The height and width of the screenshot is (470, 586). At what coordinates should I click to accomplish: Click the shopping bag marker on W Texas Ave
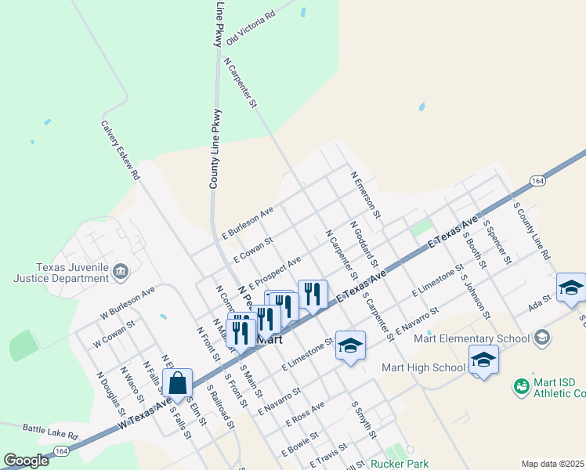pyautogui.click(x=178, y=384)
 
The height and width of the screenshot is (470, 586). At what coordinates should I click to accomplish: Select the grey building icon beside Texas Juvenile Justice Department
pyautogui.click(x=121, y=272)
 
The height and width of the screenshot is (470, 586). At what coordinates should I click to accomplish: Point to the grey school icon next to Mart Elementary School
pyautogui.click(x=541, y=338)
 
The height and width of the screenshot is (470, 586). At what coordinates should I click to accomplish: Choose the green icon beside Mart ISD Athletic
pyautogui.click(x=521, y=386)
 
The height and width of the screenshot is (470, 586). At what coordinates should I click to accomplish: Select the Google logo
pyautogui.click(x=26, y=461)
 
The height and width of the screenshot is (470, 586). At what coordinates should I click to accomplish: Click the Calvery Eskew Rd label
pyautogui.click(x=120, y=150)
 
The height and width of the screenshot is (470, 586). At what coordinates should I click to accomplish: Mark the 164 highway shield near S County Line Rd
pyautogui.click(x=537, y=181)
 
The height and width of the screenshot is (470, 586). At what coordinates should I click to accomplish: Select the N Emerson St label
pyautogui.click(x=366, y=195)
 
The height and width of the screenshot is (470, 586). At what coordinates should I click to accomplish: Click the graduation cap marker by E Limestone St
pyautogui.click(x=350, y=345)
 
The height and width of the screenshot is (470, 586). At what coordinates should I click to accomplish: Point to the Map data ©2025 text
pyautogui.click(x=552, y=464)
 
